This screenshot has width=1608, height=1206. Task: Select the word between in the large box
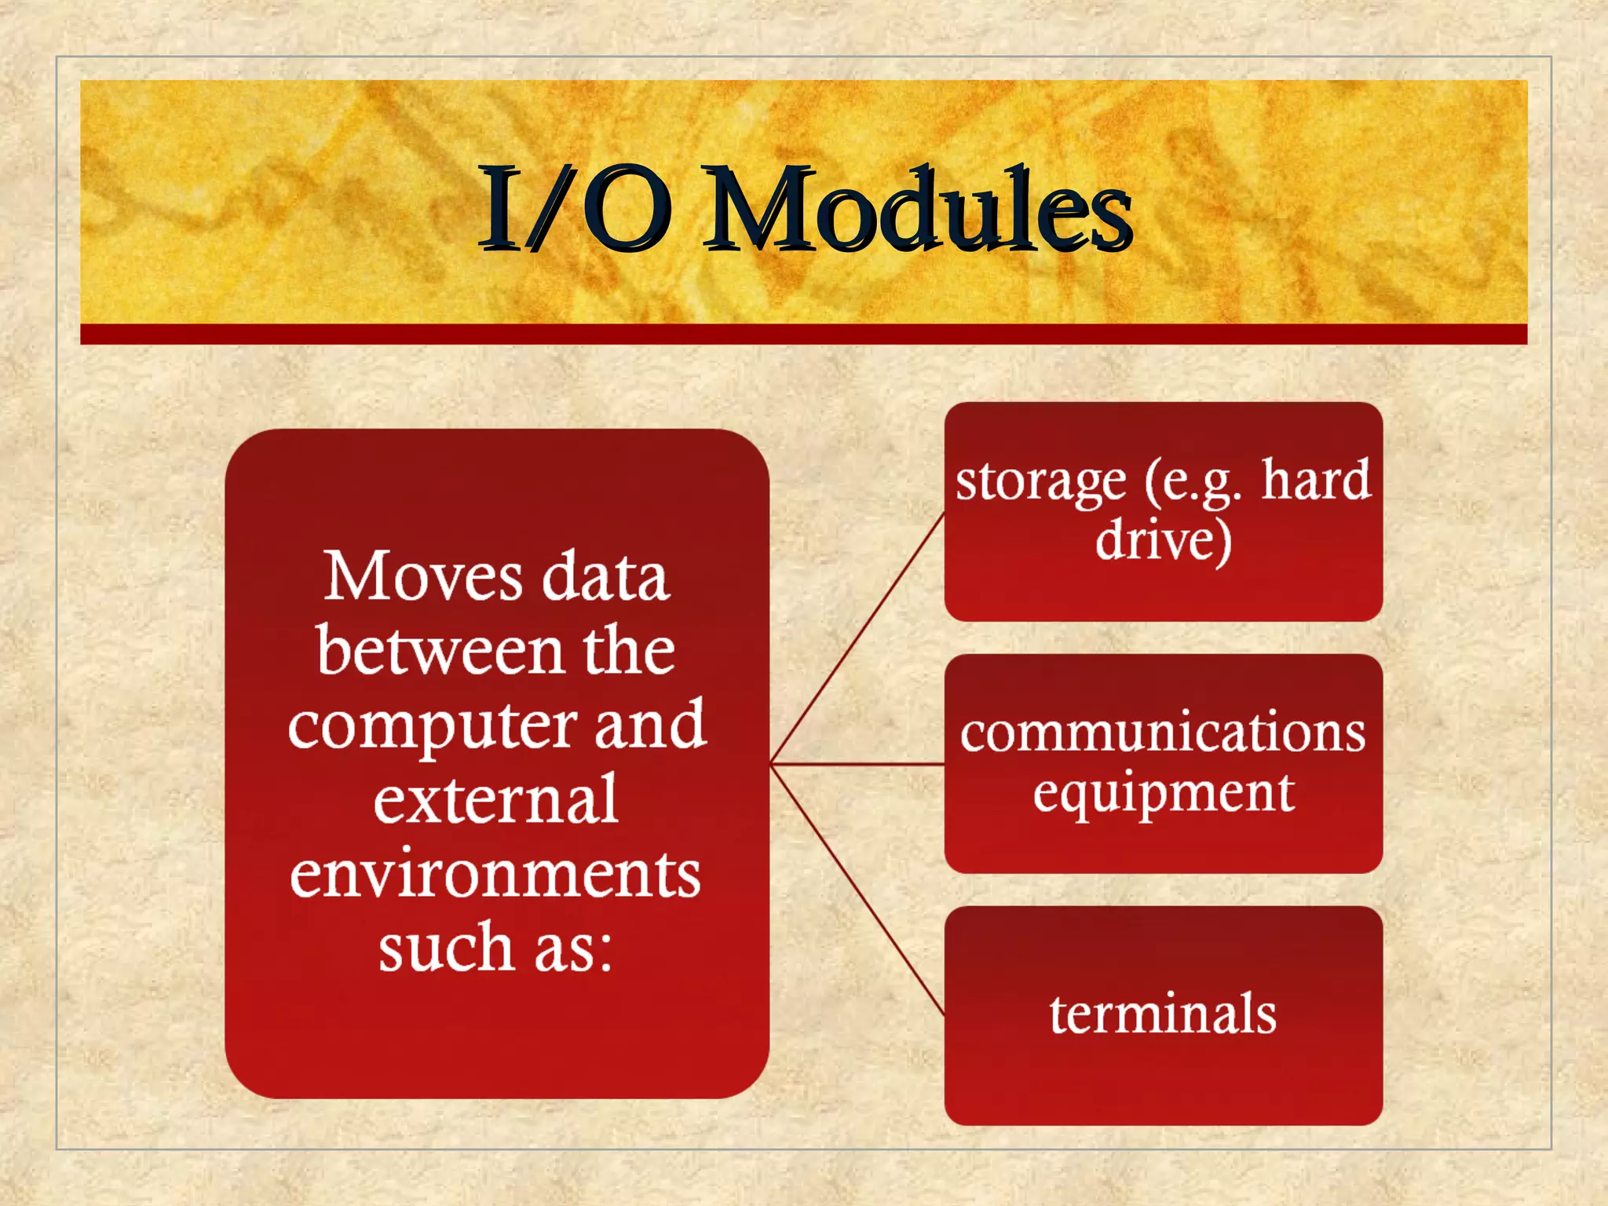(x=440, y=652)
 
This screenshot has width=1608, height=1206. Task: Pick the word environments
(x=496, y=875)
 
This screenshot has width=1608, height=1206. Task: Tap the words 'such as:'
(x=496, y=948)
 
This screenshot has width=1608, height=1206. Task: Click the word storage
(x=1040, y=481)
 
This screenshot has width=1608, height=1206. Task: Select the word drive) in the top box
(x=1164, y=542)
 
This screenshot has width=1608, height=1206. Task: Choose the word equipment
(x=1163, y=793)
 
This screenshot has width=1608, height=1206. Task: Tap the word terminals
(x=1163, y=1014)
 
